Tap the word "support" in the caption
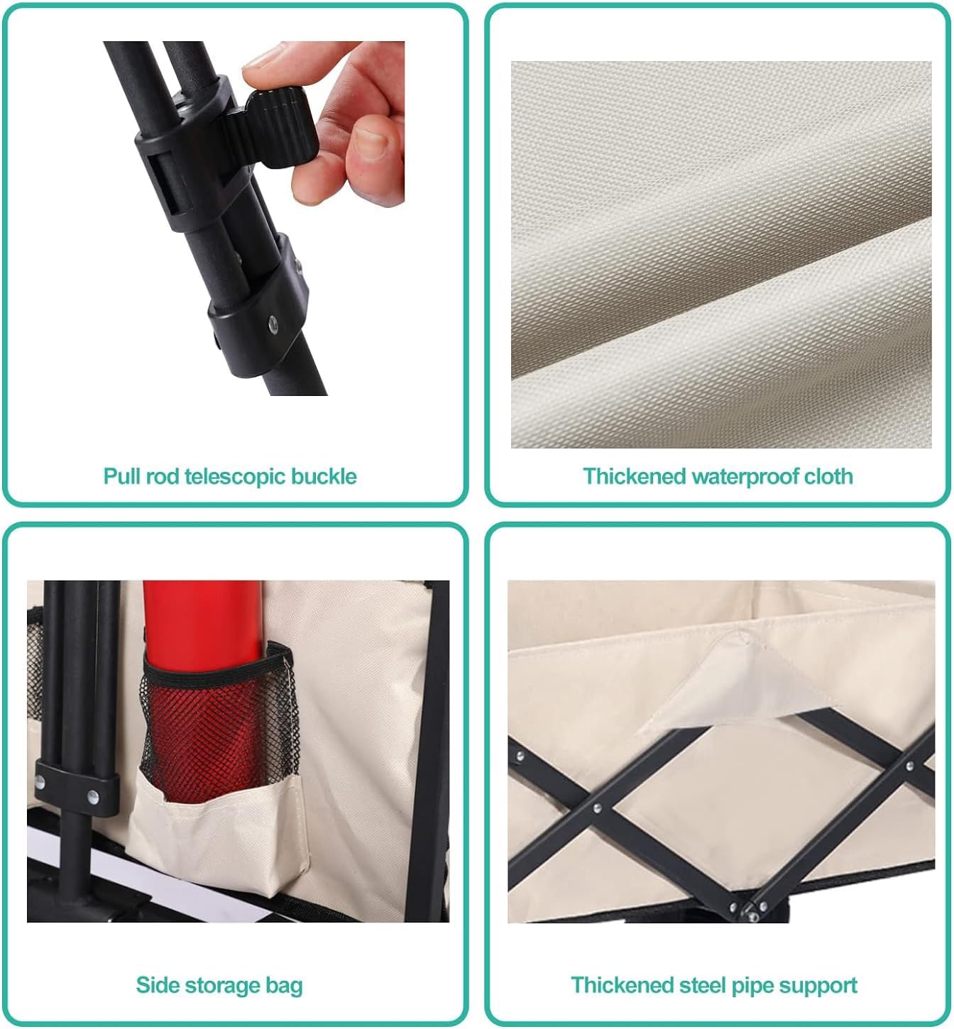(x=818, y=986)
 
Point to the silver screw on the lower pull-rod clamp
(x=273, y=325)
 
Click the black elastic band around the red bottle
(x=218, y=665)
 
